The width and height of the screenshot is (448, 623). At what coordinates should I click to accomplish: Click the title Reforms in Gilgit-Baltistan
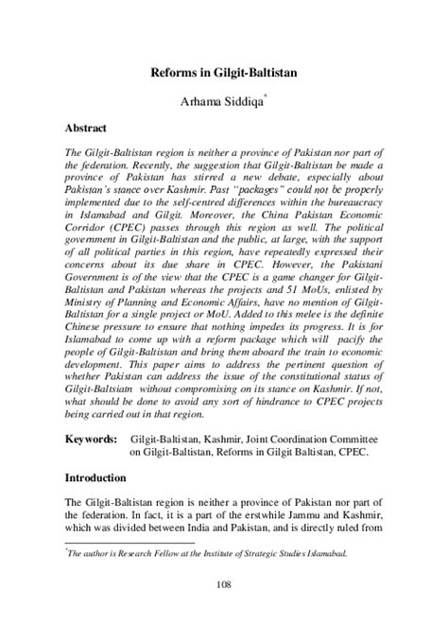coord(223,71)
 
